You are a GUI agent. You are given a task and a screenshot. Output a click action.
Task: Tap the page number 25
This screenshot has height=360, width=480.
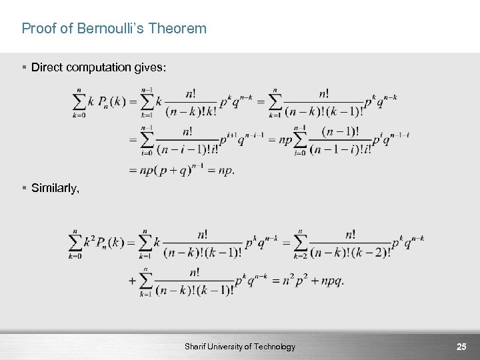click(461, 347)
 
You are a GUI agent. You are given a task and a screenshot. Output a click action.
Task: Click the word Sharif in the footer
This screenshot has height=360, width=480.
click(197, 347)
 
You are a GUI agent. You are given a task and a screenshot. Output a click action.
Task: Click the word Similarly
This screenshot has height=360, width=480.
click(55, 189)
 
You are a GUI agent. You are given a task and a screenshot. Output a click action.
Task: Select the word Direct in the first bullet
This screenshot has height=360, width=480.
click(45, 68)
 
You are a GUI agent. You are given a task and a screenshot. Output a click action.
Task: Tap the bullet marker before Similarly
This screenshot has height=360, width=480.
click(24, 189)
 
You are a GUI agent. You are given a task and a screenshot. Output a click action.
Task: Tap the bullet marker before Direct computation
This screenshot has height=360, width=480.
click(24, 68)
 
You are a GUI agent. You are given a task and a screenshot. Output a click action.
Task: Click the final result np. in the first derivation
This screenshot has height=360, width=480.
click(224, 170)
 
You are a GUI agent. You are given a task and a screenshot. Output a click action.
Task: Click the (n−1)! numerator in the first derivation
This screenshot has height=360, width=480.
click(340, 131)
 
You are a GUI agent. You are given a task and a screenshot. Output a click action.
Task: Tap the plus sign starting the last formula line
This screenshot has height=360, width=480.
click(132, 281)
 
